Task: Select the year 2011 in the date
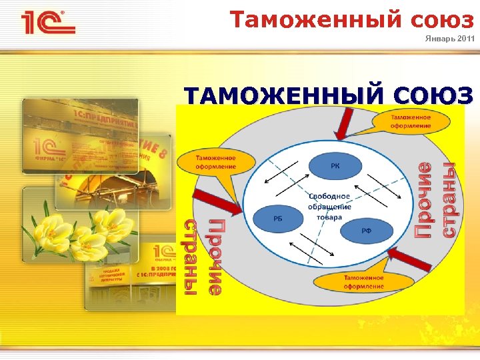point(467,39)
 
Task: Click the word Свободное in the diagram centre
point(329,196)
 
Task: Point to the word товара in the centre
point(329,217)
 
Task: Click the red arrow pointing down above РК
point(345,124)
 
